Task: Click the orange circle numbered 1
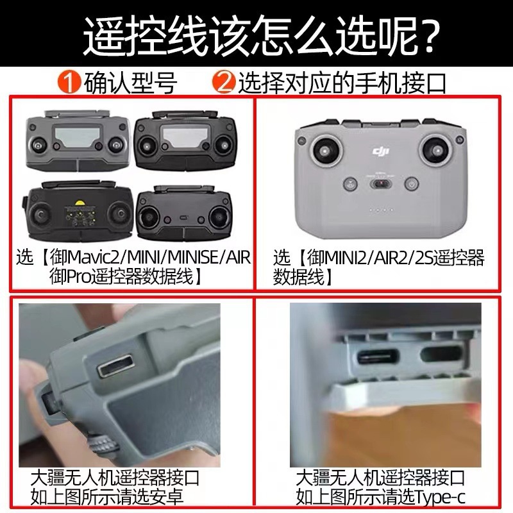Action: click(69, 82)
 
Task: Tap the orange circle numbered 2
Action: click(224, 82)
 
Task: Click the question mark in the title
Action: click(423, 35)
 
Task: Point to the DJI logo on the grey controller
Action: click(380, 151)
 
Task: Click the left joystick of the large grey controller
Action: click(325, 151)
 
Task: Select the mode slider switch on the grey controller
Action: click(381, 184)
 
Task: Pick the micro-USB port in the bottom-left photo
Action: click(115, 366)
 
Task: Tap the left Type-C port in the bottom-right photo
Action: click(378, 357)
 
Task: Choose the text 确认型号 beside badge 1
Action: click(131, 83)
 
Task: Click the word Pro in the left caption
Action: click(78, 277)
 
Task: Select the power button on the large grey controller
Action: click(412, 185)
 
